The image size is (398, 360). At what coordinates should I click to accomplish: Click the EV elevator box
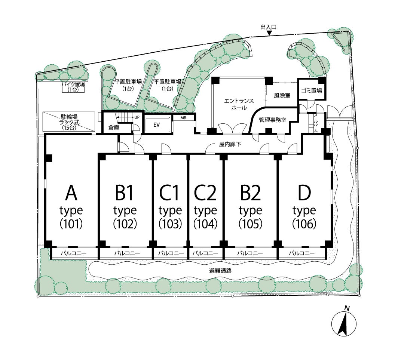(x=157, y=124)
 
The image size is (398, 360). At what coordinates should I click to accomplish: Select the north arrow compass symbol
(x=344, y=322)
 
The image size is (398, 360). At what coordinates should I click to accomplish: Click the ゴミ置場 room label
(x=311, y=90)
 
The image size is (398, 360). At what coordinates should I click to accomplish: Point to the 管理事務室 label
(x=273, y=120)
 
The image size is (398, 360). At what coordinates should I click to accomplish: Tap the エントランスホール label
(x=239, y=104)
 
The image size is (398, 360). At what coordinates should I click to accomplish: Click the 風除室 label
(x=282, y=95)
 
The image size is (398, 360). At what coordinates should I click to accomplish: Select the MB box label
(x=183, y=118)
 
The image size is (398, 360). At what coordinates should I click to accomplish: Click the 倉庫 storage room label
(x=114, y=127)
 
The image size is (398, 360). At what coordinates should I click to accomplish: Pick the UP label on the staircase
(x=137, y=117)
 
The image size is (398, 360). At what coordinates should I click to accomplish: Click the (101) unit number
(x=71, y=224)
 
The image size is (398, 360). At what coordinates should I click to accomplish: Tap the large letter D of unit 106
(x=304, y=193)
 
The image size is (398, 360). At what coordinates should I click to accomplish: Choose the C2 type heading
(x=205, y=193)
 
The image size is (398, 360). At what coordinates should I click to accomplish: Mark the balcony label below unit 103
(x=171, y=253)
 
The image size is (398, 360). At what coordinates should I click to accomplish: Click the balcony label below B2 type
(x=250, y=253)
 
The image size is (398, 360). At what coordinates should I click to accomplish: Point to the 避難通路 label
(x=221, y=271)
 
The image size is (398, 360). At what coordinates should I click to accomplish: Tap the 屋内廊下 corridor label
(x=230, y=145)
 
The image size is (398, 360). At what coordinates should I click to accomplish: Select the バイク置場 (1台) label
(x=73, y=87)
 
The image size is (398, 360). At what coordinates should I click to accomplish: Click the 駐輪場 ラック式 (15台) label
(x=69, y=122)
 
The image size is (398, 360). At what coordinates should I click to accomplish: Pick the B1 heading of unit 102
(x=124, y=193)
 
